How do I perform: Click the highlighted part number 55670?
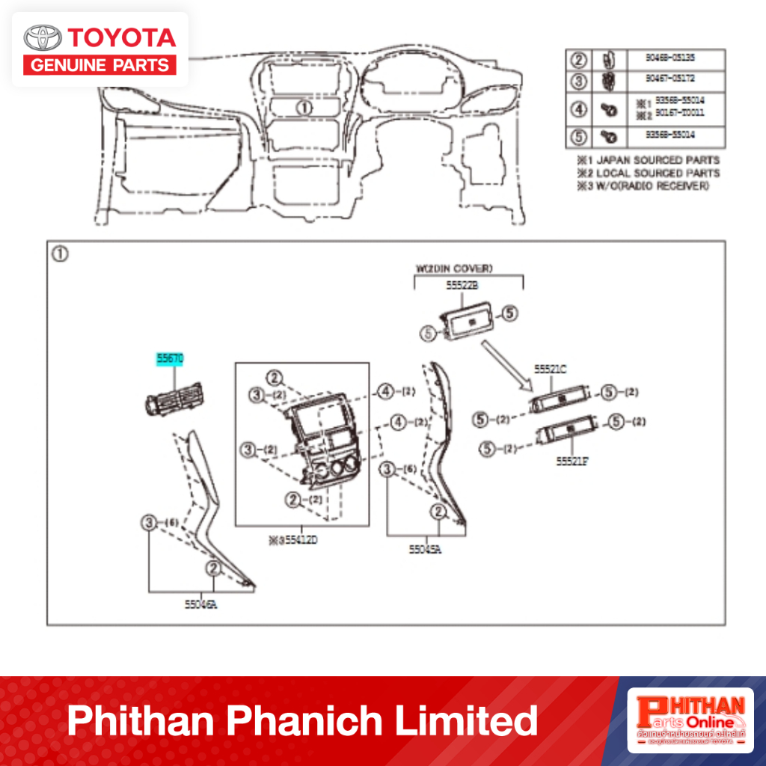169,359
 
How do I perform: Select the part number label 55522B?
463,287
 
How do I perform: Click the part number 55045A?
425,549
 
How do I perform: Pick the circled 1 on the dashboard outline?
304,108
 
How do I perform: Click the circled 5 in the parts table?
579,136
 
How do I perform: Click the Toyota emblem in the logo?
43,37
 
